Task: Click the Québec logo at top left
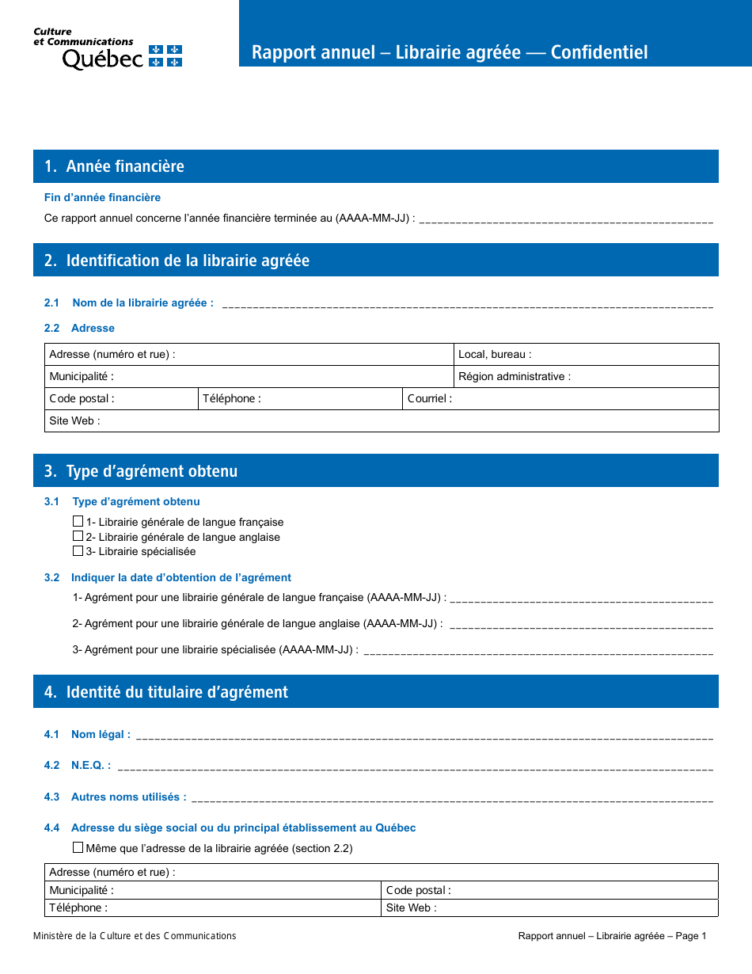coord(108,50)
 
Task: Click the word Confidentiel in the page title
coord(599,52)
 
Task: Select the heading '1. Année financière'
coord(115,166)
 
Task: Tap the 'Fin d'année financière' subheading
coord(102,197)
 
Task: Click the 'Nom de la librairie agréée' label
coord(142,302)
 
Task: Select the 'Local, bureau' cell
coord(587,355)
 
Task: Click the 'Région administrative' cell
coord(587,377)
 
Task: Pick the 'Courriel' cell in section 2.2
coord(560,399)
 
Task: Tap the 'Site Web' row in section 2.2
coord(381,421)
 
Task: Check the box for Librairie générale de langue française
coord(78,522)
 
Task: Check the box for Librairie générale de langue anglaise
coord(78,536)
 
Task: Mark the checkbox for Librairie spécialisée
coord(78,551)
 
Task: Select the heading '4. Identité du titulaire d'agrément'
coord(166,692)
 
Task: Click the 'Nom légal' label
coord(101,735)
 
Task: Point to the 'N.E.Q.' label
coord(90,766)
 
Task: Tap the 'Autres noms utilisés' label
coord(128,797)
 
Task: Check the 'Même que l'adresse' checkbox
coord(78,847)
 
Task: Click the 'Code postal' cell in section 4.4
coord(549,891)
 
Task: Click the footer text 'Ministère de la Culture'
coord(135,936)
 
